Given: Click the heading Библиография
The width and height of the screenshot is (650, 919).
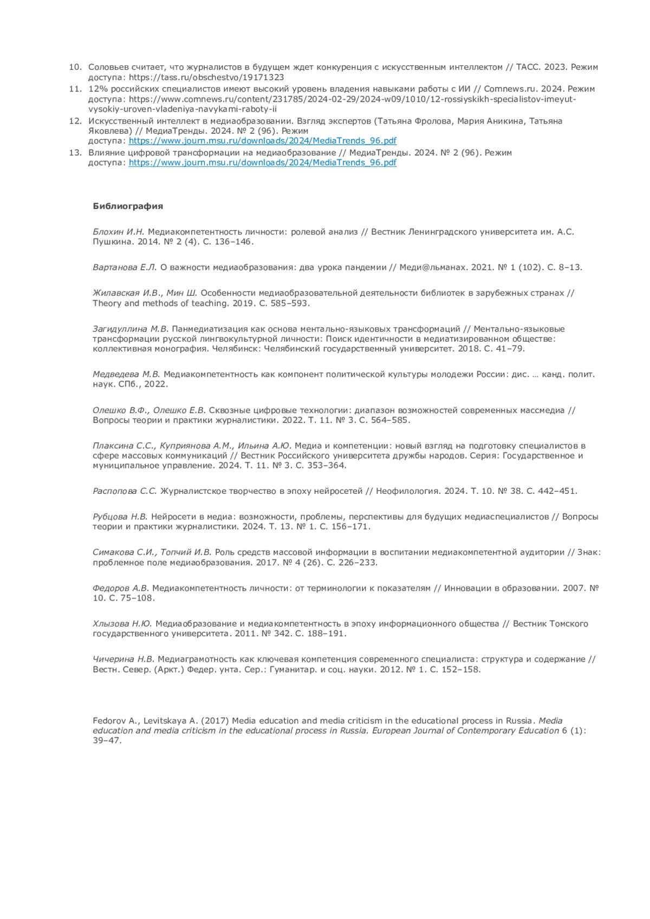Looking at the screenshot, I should tap(128, 206).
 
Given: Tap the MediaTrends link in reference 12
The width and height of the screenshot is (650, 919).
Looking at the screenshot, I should tap(262, 141).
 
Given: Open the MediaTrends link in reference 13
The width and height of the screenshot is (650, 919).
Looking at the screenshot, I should tap(262, 162).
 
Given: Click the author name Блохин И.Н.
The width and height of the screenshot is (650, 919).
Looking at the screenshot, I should tap(119, 232).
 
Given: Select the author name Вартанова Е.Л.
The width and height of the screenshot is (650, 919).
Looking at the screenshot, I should tap(125, 267).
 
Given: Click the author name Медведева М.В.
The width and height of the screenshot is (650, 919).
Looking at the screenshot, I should tap(127, 374).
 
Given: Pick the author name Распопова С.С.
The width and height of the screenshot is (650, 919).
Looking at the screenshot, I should tap(125, 491).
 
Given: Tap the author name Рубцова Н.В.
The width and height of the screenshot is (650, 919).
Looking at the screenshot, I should tap(120, 517).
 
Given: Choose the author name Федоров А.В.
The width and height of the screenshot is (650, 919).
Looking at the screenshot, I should tap(121, 588).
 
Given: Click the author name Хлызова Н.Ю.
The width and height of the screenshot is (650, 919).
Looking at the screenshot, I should tap(122, 624).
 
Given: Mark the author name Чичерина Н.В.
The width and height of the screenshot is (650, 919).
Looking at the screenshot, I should tap(123, 659).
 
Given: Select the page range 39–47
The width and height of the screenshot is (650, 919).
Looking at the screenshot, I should tap(107, 741).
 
